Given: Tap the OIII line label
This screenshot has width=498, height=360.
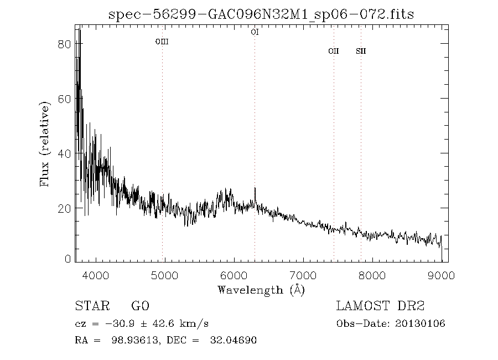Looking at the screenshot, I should (162, 42).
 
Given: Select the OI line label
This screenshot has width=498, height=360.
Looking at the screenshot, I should (255, 32).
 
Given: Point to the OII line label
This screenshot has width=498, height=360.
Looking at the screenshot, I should (333, 52).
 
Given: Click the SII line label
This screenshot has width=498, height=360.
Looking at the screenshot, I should (361, 52).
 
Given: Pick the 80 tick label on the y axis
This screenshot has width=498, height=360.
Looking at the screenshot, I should (64, 44).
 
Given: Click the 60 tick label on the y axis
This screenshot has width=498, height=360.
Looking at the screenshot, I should (64, 99).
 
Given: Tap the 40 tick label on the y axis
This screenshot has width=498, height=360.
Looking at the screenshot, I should (64, 153).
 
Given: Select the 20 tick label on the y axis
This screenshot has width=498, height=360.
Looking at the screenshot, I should (64, 208).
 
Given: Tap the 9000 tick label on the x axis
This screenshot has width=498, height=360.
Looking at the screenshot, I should (441, 275).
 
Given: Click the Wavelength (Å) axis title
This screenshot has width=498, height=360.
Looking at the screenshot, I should (261, 290).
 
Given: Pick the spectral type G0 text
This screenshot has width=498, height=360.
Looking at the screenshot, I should (140, 306).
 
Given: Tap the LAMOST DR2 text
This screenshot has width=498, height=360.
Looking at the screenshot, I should (381, 306).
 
